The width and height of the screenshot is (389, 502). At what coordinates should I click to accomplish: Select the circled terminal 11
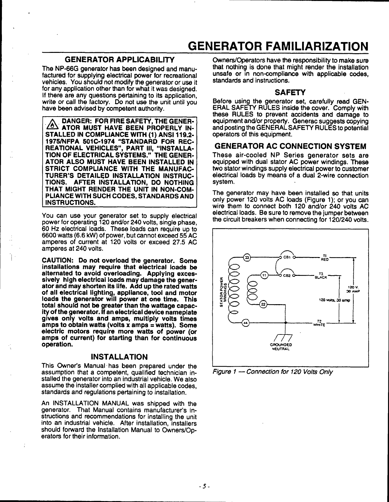264,275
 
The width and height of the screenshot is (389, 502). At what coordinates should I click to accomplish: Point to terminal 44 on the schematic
245,323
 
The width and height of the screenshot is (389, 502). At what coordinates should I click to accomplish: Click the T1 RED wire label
325,257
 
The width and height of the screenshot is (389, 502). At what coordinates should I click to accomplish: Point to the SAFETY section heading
290,93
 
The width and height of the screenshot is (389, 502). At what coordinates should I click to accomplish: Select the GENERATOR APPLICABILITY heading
119,60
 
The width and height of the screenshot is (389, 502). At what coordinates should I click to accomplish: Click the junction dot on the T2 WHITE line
286,323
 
